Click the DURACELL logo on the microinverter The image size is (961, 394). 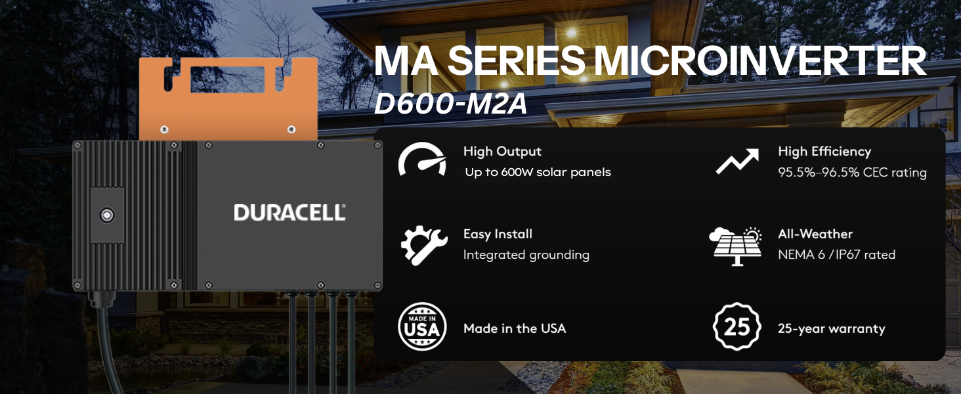click(289, 213)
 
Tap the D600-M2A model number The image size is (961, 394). click(450, 104)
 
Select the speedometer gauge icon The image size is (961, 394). click(422, 159)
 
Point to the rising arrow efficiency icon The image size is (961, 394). click(737, 161)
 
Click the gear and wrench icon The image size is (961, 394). click(424, 246)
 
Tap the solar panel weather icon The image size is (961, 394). click(735, 246)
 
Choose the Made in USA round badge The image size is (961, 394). click(422, 326)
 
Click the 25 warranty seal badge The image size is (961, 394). click(737, 326)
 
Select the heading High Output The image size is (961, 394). click(502, 152)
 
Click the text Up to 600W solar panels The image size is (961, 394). click(538, 172)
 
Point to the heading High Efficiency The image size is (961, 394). click(824, 152)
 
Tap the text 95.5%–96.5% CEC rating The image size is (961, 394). click(853, 173)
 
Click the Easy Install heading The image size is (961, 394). click(498, 234)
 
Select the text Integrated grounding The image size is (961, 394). click(526, 255)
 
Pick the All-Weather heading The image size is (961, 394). click(815, 234)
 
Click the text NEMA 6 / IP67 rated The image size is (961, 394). click(836, 255)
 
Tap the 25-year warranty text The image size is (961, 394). click(832, 329)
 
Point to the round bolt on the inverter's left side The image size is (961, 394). click(107, 215)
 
